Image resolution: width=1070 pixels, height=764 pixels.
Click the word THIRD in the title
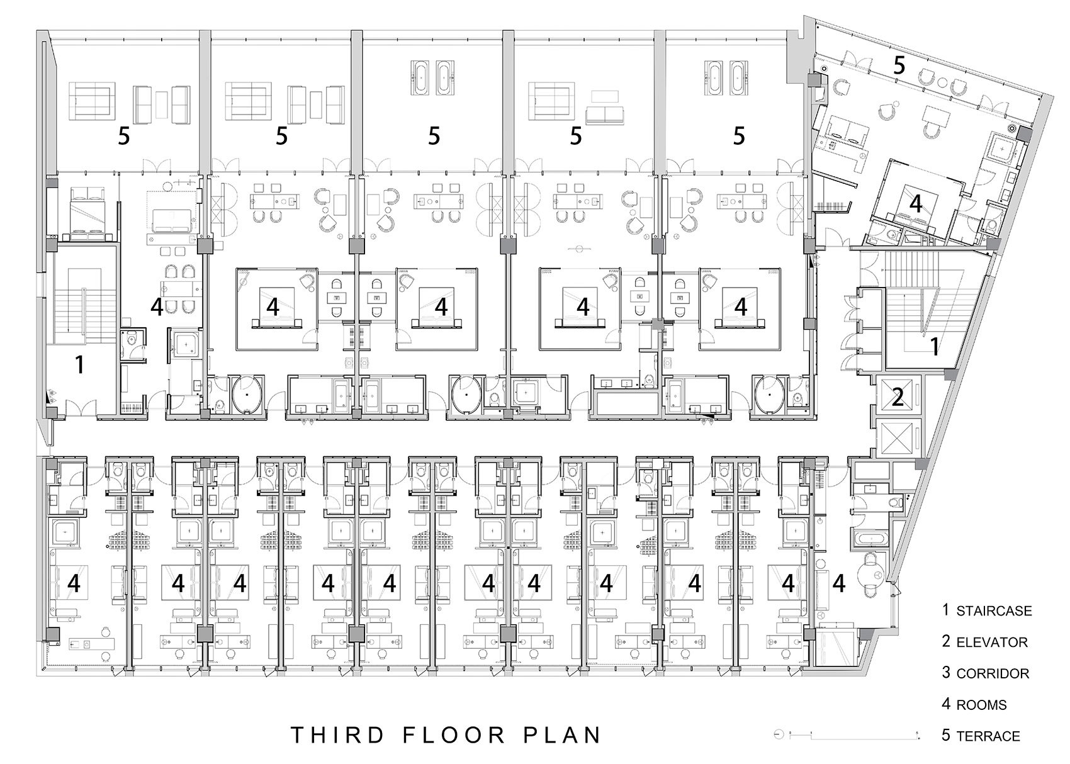pyautogui.click(x=337, y=735)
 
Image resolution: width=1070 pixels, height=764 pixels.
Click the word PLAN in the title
pyautogui.click(x=561, y=735)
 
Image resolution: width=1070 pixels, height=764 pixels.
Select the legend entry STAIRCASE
pyautogui.click(x=994, y=611)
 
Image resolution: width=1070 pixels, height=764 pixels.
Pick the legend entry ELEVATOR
pyautogui.click(x=992, y=643)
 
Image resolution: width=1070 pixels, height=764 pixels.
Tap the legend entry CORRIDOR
pyautogui.click(x=993, y=674)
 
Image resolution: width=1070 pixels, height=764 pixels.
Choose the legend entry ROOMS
pyautogui.click(x=981, y=705)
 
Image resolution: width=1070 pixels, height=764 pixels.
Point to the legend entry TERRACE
pyautogui.click(x=988, y=736)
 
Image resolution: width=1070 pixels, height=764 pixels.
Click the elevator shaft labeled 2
pyautogui.click(x=898, y=397)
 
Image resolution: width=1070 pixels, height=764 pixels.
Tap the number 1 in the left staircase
pyautogui.click(x=80, y=364)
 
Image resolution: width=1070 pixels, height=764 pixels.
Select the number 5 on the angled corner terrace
pyautogui.click(x=899, y=65)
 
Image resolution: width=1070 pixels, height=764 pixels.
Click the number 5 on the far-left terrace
pyautogui.click(x=124, y=136)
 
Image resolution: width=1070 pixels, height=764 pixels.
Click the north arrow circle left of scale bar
pyautogui.click(x=779, y=734)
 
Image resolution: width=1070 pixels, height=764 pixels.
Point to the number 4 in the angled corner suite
pyautogui.click(x=915, y=204)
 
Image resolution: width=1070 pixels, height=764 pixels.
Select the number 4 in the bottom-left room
pyautogui.click(x=74, y=583)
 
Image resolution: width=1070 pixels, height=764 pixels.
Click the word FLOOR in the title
pyautogui.click(x=454, y=735)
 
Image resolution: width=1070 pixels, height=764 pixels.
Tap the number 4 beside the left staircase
pyautogui.click(x=157, y=307)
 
